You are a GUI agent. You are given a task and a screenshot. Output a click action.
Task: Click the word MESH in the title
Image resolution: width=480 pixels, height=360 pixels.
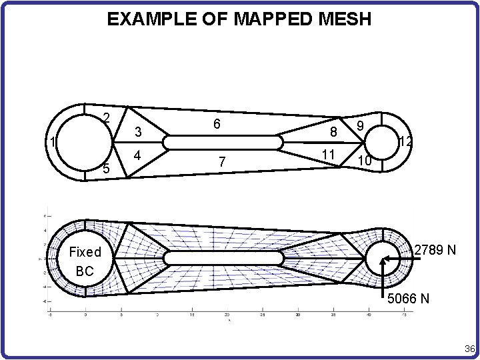347,19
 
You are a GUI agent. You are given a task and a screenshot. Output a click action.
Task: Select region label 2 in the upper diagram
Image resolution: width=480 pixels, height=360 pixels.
106,119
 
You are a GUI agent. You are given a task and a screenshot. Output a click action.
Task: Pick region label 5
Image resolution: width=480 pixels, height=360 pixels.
106,169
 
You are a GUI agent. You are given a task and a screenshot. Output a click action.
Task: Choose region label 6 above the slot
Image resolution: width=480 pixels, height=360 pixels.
217,125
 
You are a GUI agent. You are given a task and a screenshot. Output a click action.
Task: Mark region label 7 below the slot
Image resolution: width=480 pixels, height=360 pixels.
223,161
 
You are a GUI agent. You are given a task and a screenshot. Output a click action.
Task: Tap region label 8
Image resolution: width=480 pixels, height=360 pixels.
331,132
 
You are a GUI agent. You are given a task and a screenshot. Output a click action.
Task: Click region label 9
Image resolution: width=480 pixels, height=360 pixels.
360,125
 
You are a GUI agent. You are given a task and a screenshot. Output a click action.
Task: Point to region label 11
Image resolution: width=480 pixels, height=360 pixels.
327,155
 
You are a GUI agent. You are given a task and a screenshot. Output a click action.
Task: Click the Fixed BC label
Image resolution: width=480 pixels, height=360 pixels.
85,261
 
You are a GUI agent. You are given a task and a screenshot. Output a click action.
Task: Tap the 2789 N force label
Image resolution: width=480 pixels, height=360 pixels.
435,251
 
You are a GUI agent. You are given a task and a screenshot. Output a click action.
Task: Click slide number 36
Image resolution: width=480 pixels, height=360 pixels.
469,349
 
